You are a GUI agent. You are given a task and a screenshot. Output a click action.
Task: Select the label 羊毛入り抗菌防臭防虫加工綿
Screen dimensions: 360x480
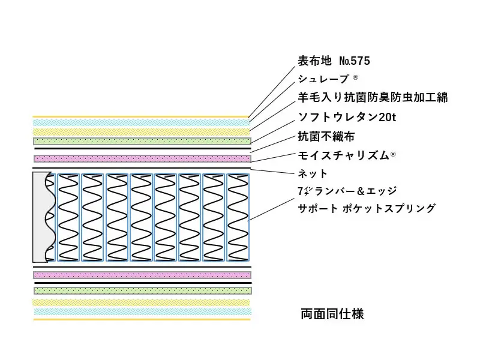click(x=373, y=97)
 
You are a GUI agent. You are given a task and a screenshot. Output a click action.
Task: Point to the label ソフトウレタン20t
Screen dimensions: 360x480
click(x=347, y=117)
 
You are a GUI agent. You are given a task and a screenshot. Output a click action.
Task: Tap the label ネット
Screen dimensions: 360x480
click(x=313, y=173)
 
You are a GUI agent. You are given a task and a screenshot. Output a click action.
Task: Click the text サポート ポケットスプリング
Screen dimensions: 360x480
click(x=367, y=209)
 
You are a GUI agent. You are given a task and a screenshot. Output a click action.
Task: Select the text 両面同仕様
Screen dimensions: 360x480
click(x=332, y=313)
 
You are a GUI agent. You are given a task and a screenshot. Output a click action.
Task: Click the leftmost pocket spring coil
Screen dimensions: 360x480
click(x=67, y=217)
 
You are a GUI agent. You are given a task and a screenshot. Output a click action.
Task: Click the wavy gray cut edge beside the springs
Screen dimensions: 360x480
click(x=42, y=217)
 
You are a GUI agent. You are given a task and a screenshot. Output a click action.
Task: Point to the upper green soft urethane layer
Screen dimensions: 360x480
click(x=142, y=141)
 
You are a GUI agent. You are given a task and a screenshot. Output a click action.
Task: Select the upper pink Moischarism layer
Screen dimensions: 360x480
click(x=142, y=158)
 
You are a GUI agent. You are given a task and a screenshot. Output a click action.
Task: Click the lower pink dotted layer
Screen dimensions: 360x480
click(x=142, y=275)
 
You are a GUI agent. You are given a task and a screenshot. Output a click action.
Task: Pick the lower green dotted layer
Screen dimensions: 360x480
click(x=142, y=290)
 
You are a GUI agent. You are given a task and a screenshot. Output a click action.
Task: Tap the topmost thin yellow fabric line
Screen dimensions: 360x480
click(x=142, y=116)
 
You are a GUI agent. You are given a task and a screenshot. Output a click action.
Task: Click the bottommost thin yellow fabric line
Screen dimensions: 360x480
click(x=142, y=320)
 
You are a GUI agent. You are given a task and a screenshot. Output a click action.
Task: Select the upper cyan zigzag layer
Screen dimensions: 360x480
click(x=142, y=122)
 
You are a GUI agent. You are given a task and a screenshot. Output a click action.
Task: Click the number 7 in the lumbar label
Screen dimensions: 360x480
click(x=301, y=191)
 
